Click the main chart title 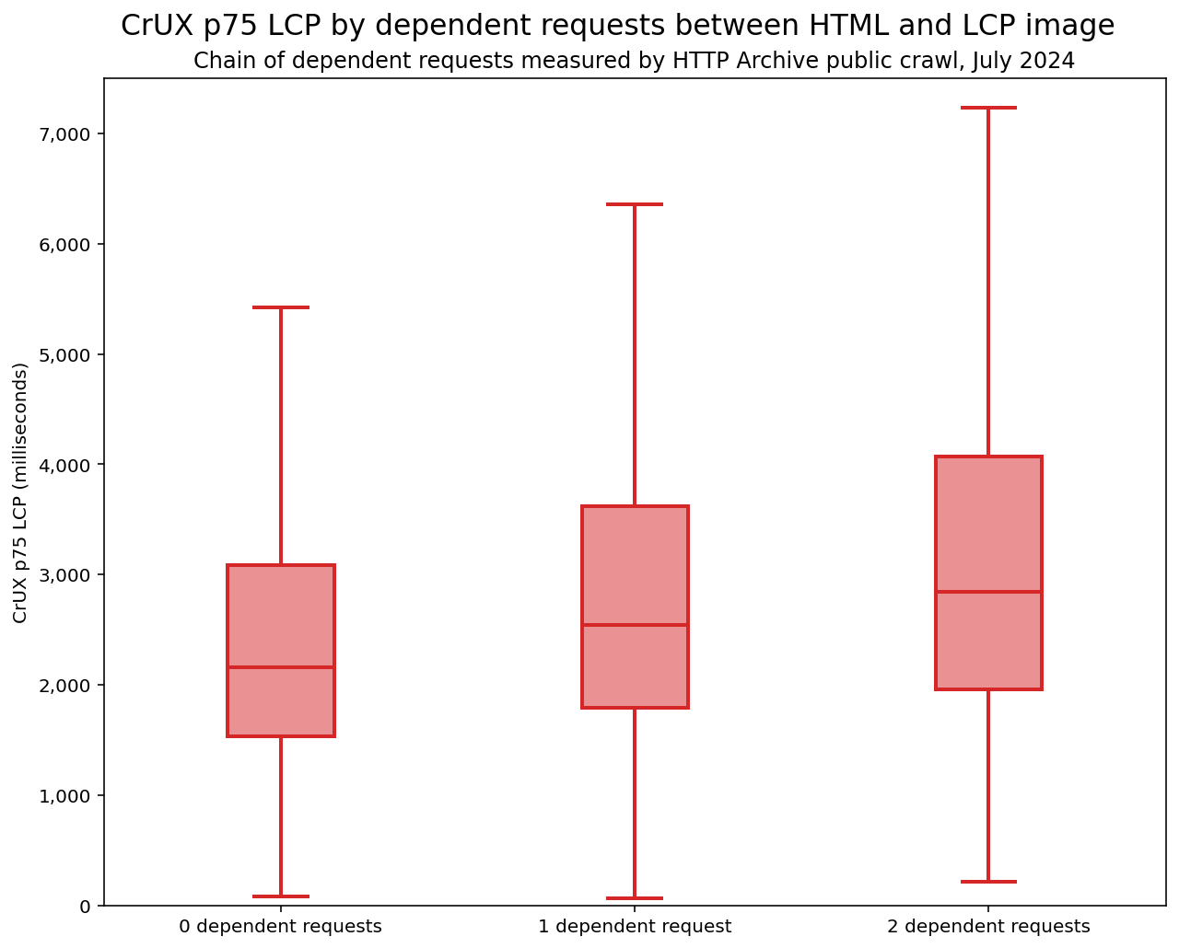click(617, 26)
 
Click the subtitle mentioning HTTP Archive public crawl click(634, 62)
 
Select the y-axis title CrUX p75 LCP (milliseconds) click(20, 492)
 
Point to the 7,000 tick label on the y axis click(65, 134)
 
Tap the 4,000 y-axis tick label click(65, 465)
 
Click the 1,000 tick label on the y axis click(65, 796)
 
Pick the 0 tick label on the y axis click(86, 907)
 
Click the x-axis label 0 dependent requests click(280, 927)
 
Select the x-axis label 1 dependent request click(635, 927)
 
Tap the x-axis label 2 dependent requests click(988, 927)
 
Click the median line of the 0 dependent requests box click(281, 667)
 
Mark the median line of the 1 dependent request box click(635, 625)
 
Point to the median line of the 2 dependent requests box click(988, 592)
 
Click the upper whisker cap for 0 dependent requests click(281, 307)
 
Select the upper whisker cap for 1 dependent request click(635, 204)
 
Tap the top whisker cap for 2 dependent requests click(988, 108)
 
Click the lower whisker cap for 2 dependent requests click(988, 882)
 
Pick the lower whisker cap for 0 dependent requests click(281, 896)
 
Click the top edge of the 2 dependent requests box click(988, 457)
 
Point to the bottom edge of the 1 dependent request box click(635, 708)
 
